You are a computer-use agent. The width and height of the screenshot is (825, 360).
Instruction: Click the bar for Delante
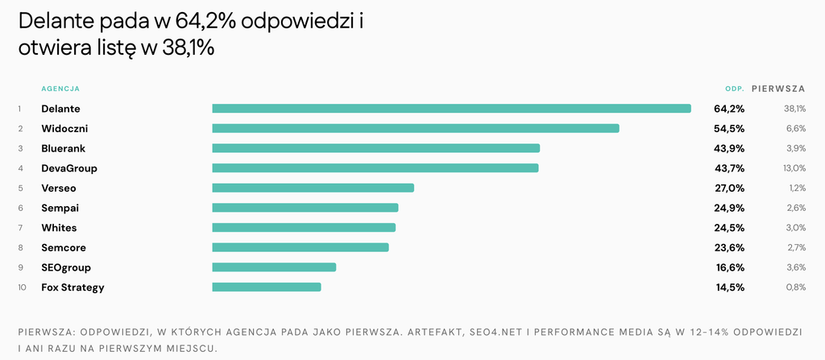click(451, 109)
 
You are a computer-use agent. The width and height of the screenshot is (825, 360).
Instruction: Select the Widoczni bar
click(416, 128)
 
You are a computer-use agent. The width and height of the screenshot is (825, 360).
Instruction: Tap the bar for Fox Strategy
click(266, 287)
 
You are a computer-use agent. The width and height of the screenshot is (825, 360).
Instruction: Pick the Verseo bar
click(313, 188)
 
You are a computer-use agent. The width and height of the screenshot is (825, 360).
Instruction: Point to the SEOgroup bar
click(274, 267)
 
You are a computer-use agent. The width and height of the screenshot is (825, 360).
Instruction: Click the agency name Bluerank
click(63, 148)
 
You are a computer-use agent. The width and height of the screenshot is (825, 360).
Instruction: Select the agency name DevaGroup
click(69, 168)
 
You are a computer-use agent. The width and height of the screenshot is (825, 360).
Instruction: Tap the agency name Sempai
click(60, 208)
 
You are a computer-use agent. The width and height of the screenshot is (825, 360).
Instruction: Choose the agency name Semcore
click(64, 247)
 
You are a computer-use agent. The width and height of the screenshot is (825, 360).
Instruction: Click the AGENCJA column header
click(60, 89)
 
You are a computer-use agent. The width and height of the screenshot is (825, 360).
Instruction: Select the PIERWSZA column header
click(779, 89)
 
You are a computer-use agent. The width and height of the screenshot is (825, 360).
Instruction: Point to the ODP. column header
click(735, 89)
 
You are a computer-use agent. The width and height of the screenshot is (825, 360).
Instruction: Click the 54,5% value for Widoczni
click(729, 128)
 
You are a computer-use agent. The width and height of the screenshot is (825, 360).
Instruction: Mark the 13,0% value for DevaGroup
click(794, 168)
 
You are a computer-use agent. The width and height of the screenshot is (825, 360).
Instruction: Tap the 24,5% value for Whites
click(729, 228)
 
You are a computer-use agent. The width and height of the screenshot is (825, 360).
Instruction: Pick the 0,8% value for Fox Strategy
click(796, 288)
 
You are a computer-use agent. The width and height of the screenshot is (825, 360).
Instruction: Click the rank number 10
click(22, 288)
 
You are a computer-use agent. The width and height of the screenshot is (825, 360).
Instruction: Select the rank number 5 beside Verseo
click(20, 188)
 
